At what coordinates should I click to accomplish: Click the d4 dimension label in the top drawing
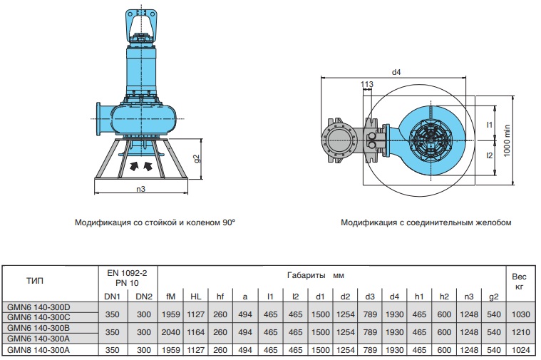(397, 72)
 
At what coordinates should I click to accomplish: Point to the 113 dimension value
(367, 85)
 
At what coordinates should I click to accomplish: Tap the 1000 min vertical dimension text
(507, 140)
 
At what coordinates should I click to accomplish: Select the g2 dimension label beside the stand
(197, 158)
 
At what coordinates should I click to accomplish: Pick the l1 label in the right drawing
(490, 125)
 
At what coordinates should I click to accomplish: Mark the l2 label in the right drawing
(490, 155)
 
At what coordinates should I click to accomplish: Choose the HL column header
(195, 296)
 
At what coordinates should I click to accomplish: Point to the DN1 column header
(113, 296)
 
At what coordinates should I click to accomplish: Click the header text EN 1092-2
(128, 272)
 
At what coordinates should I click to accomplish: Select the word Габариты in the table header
(306, 274)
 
